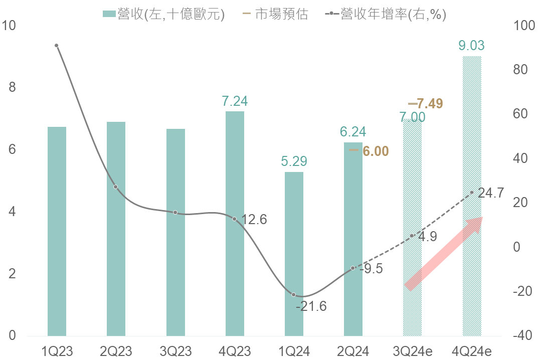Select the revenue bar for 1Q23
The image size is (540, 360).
[57, 231]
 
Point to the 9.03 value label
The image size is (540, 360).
[471, 46]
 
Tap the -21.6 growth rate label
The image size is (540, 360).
[311, 306]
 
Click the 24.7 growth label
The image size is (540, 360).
[490, 193]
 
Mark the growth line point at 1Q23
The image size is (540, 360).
[57, 46]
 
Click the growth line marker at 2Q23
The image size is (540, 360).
[116, 187]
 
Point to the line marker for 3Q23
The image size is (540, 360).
[175, 213]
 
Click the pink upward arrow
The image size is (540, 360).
[443, 254]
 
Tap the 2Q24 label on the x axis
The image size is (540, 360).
[353, 350]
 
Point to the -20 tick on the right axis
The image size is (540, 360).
[521, 291]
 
